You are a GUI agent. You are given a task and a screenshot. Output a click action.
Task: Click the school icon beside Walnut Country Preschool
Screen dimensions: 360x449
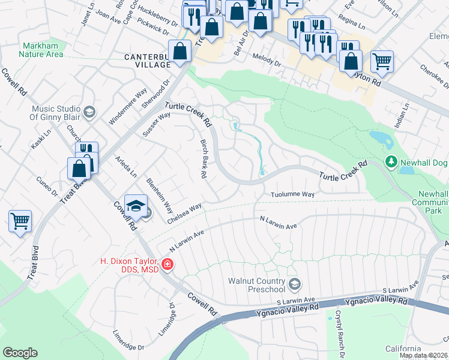tap(294, 283)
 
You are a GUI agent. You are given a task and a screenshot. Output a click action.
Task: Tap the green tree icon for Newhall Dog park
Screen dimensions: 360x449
tap(391, 162)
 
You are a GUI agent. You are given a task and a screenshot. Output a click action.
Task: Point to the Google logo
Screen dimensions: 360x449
tap(20, 353)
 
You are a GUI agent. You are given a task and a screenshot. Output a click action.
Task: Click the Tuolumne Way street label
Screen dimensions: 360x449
tap(292, 195)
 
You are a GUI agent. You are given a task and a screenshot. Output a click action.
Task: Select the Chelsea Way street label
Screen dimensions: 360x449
tap(184, 213)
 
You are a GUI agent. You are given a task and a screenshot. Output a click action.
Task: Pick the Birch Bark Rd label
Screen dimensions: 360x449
tap(203, 159)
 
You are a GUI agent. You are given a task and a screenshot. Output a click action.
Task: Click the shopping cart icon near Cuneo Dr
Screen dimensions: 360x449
tap(20, 221)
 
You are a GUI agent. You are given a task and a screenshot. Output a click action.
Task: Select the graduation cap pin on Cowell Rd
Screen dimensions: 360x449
tap(136, 206)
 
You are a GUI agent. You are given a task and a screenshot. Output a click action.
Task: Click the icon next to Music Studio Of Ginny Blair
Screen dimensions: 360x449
tap(89, 112)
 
